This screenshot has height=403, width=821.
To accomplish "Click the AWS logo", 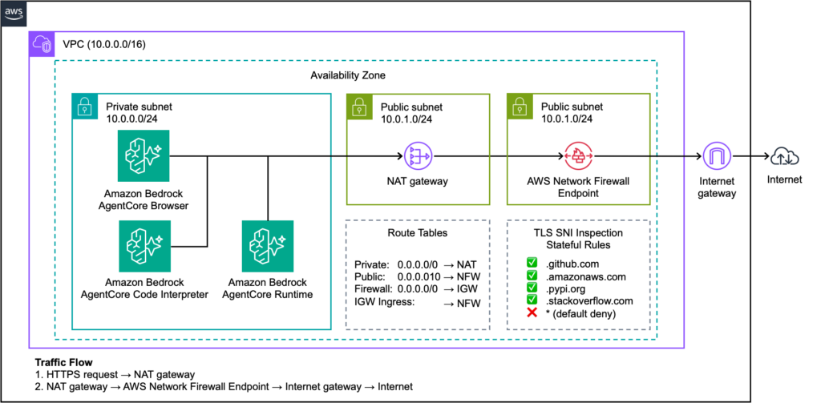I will point(14,14).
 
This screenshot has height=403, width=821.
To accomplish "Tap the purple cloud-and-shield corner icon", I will point(42,44).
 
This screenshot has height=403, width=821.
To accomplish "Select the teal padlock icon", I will point(85,107).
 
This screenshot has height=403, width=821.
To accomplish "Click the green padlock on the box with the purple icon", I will point(359,107).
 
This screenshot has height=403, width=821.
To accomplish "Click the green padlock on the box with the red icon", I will point(520,107).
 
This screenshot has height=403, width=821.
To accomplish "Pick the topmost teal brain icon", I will point(144,156).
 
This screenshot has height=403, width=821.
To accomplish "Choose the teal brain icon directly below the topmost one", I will point(145,246).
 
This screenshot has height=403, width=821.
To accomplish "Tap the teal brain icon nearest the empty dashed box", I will point(268,246).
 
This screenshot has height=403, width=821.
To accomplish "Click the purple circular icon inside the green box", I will point(418,156).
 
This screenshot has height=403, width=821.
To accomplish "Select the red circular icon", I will point(578,156).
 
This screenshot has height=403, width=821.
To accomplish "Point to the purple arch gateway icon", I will point(717,155).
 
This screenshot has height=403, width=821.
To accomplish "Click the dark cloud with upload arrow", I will point(784,156).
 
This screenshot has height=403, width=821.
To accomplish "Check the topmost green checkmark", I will point(532,262).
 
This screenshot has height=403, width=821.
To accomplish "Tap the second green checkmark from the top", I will point(532,275).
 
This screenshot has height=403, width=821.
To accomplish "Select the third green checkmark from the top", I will point(532,287).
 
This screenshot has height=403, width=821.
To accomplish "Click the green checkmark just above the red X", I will point(532,299).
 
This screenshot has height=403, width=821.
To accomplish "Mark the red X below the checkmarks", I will point(532,312).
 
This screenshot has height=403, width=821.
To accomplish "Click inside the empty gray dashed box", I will point(417,274).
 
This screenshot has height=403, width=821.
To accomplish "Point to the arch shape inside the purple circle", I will point(717,157).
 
